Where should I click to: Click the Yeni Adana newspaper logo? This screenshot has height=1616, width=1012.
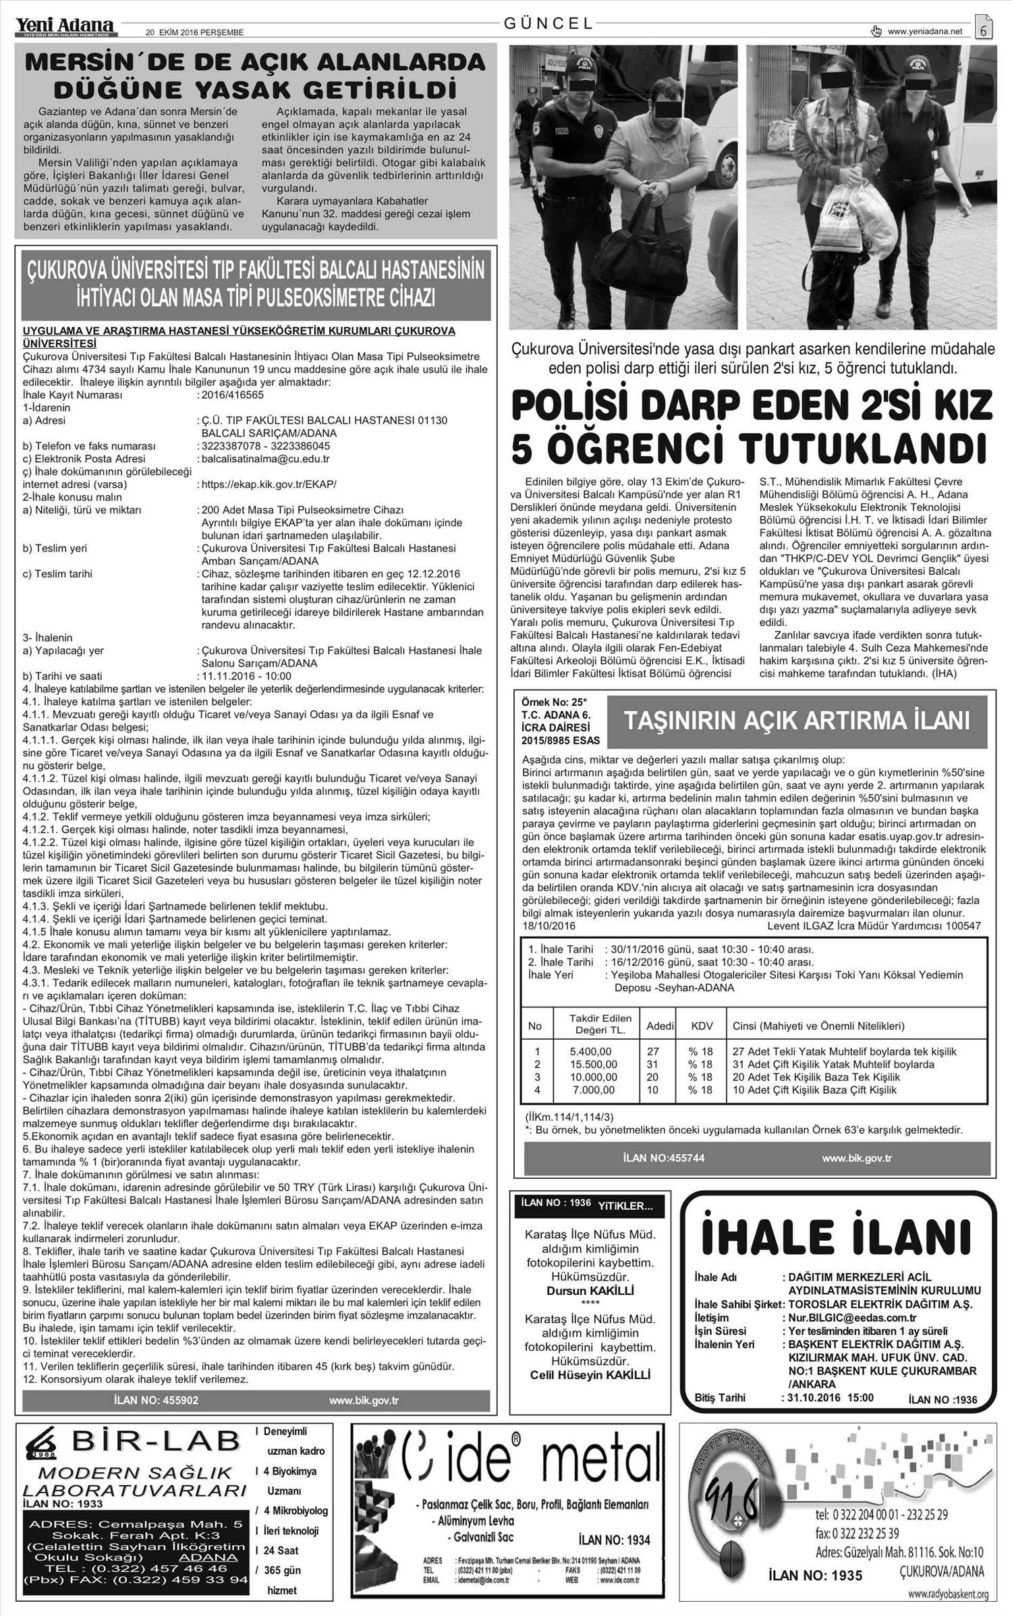pyautogui.click(x=66, y=25)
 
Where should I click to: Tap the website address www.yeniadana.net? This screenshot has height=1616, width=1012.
pyautogui.click(x=925, y=31)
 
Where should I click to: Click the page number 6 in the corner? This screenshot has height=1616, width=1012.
pyautogui.click(x=984, y=30)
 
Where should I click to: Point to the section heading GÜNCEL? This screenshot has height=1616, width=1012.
pyautogui.click(x=549, y=24)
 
